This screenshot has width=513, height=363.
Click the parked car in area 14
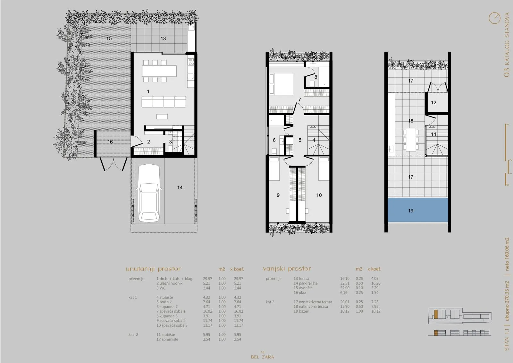coord(149,193)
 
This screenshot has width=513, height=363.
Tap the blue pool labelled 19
coord(418,210)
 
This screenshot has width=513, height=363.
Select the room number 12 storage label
coord(433,102)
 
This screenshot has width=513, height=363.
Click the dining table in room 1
coord(159,71)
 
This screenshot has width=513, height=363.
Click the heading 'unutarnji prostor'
coord(153,269)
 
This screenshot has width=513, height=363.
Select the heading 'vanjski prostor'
coord(287,269)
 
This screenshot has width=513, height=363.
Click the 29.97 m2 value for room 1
coord(207,279)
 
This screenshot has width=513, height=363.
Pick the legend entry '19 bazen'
coord(301,311)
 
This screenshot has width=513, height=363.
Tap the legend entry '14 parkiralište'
coord(306,283)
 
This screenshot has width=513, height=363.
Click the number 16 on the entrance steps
coord(110,142)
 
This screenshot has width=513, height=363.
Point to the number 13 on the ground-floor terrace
coord(163,39)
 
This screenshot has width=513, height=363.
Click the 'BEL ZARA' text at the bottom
coord(263,357)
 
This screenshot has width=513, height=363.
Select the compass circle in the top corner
coord(494,18)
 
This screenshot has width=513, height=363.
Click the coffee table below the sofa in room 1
coord(162,117)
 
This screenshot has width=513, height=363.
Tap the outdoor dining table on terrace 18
coord(411,139)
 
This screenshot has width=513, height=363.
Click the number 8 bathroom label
coord(315,77)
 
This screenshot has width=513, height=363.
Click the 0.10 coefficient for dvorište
coord(359,288)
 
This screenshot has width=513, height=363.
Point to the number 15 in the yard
coord(109,38)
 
